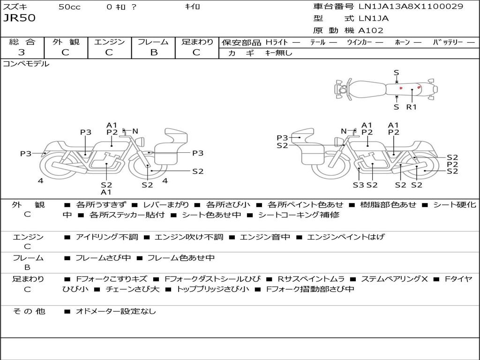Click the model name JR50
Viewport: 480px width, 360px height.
[19, 19]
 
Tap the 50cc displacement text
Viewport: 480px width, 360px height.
[69, 7]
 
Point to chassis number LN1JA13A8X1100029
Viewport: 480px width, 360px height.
[411, 7]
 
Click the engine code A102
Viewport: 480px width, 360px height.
[371, 30]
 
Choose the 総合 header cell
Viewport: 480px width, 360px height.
[22, 42]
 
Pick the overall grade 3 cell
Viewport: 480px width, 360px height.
[22, 52]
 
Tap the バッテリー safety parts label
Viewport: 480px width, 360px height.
[448, 42]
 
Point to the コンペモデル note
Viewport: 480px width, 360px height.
[26, 64]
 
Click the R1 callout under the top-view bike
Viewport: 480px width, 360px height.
[411, 107]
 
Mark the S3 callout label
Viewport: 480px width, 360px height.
[358, 185]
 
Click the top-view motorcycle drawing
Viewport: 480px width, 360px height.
[385, 89]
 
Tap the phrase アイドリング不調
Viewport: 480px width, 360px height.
[107, 237]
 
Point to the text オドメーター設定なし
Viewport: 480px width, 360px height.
[115, 311]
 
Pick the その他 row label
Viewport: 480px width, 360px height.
[29, 311]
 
